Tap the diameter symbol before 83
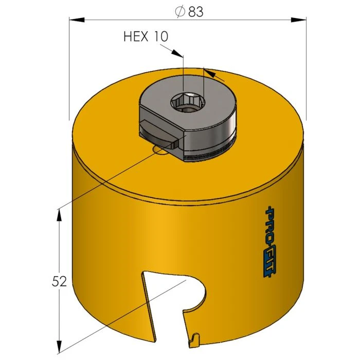(x=180, y=12)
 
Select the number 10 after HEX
(x=159, y=37)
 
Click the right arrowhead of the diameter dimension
(x=299, y=20)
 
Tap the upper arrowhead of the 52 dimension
(x=60, y=214)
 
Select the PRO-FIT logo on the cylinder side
(x=269, y=242)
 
